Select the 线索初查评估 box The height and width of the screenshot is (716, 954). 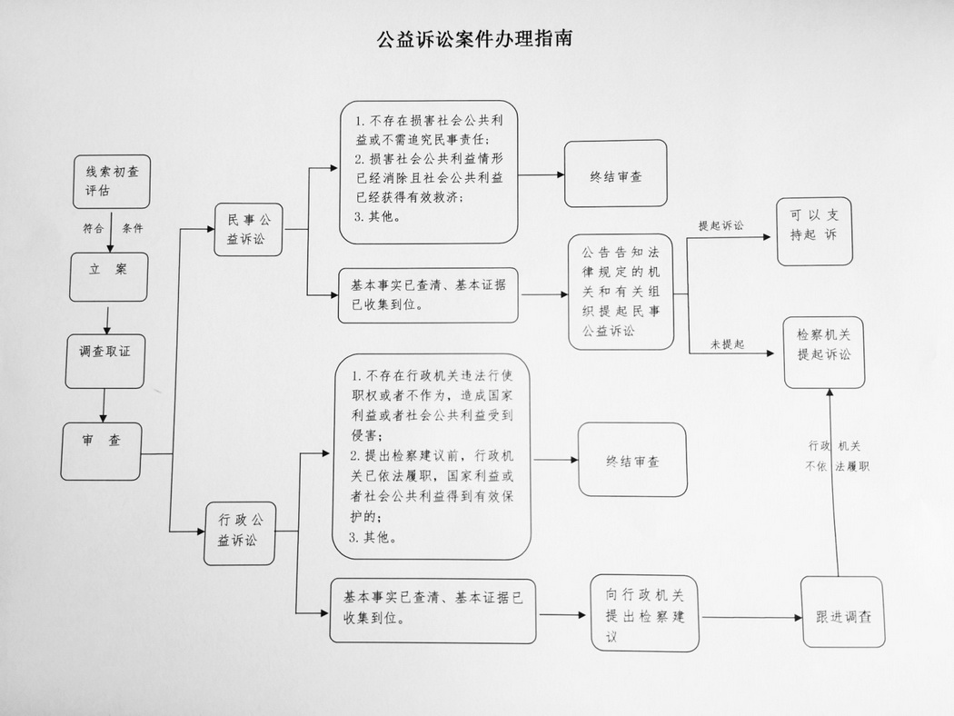[112, 181]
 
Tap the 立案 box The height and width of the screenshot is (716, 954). [108, 275]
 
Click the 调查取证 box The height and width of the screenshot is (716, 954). [105, 361]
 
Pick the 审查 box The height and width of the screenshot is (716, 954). [101, 451]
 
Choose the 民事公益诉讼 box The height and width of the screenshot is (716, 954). [248, 229]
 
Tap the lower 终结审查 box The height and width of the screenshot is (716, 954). [632, 461]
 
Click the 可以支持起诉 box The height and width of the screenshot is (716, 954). [814, 231]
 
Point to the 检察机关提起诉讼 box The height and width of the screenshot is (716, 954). [824, 352]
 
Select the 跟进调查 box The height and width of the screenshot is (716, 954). [843, 612]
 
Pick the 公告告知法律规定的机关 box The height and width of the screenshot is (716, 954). [621, 292]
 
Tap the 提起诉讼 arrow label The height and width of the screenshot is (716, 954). [720, 225]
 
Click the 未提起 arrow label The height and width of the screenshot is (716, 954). [727, 344]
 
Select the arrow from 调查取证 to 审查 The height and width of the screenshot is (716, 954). [105, 405]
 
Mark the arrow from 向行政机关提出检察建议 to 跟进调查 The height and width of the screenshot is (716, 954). [751, 617]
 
